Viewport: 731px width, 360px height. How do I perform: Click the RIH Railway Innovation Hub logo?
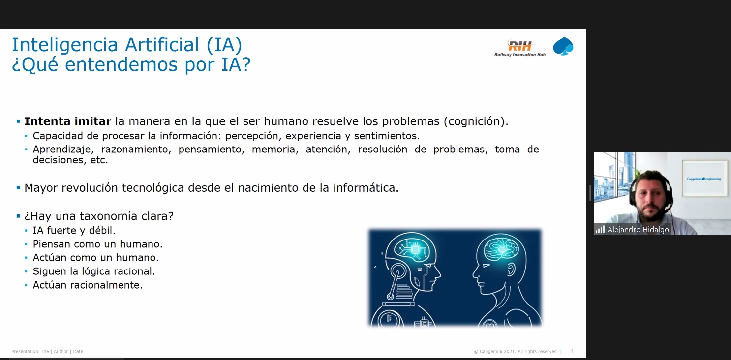[x=520, y=48]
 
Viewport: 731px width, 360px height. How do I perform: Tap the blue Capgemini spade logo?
[x=563, y=46]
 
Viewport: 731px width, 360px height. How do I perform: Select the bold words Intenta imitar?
[x=68, y=121]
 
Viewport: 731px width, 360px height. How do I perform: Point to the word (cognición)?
[x=476, y=122]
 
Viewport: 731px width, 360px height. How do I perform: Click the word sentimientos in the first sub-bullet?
[x=387, y=136]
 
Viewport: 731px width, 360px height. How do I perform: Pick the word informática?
[x=366, y=188]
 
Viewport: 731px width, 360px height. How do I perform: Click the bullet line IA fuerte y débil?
[x=74, y=231]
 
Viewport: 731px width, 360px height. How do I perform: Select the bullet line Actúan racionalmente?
[x=88, y=285]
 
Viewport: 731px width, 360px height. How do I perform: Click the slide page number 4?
[x=572, y=351]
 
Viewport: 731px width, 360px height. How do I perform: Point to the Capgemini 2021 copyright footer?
[x=515, y=352]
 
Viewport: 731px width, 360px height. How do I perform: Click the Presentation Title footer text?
[x=30, y=351]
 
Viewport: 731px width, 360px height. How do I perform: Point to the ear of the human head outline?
[x=511, y=270]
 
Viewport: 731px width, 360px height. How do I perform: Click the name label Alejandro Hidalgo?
[x=638, y=230]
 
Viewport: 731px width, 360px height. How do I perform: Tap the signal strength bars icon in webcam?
[x=600, y=230]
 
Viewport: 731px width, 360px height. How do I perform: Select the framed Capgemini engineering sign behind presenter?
[x=704, y=178]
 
